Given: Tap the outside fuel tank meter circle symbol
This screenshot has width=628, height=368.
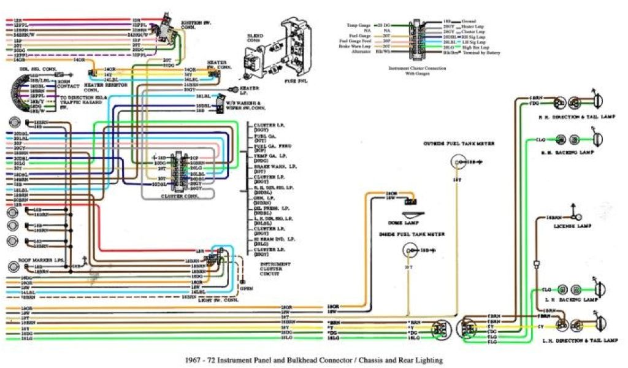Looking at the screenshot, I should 456,163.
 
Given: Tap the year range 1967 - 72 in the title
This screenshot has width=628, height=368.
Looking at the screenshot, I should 208,360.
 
